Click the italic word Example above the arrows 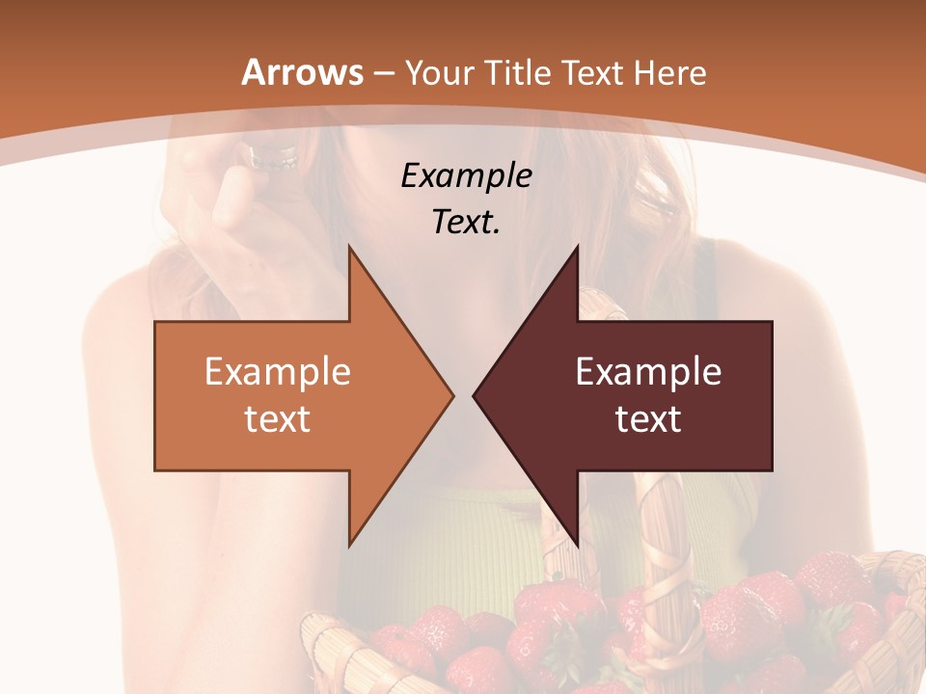[467, 175]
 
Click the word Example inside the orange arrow [278, 372]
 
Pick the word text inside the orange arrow [278, 418]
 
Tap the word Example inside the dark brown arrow [648, 372]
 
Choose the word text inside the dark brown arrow [648, 418]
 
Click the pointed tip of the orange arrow [451, 395]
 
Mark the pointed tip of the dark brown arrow [475, 395]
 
